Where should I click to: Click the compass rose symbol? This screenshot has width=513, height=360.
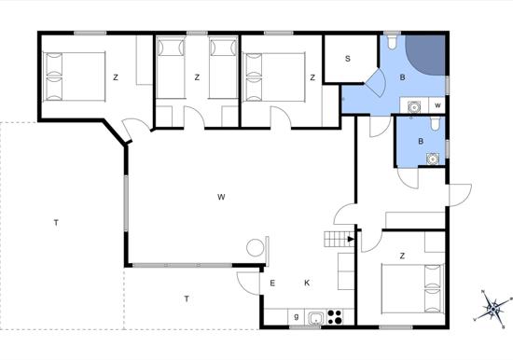click(x=492, y=308)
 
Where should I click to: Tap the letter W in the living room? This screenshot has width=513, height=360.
click(x=221, y=197)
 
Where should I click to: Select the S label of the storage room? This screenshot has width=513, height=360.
click(x=348, y=59)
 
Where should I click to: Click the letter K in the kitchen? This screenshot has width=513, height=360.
click(x=307, y=284)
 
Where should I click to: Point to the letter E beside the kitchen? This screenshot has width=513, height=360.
click(x=272, y=284)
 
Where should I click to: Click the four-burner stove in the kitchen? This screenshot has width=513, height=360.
click(x=335, y=317)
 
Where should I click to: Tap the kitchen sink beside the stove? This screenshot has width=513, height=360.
click(x=315, y=317)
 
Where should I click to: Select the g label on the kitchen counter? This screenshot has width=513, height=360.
click(x=297, y=316)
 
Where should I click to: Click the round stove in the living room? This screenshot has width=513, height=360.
click(x=256, y=247)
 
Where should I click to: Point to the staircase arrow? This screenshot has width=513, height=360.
click(x=351, y=240)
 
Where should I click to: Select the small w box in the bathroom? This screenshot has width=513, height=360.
click(x=437, y=105)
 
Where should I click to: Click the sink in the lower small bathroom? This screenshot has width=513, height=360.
click(x=433, y=159)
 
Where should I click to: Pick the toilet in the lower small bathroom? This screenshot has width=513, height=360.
click(x=436, y=124)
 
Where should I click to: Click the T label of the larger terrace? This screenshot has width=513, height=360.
click(x=56, y=223)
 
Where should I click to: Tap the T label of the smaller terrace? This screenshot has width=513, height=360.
click(x=187, y=298)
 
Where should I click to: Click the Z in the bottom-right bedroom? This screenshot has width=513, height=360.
click(x=402, y=256)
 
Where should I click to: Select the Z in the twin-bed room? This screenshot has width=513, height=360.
click(x=197, y=77)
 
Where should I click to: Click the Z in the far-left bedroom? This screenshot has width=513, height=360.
click(x=116, y=77)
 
